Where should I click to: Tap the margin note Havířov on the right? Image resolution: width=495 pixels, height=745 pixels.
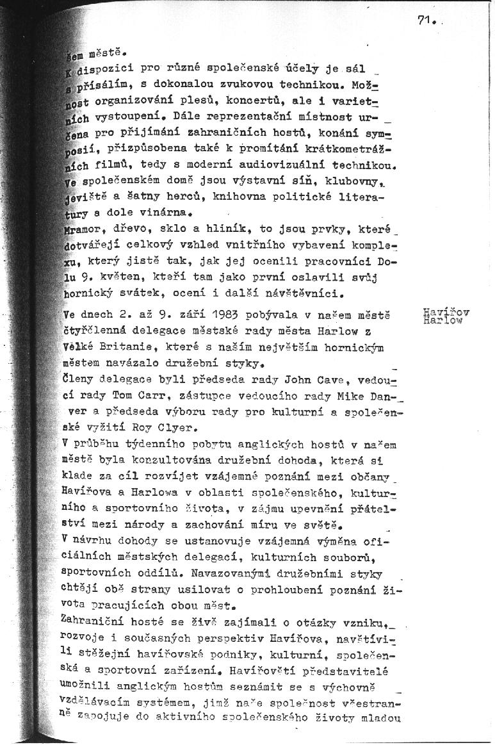(x=446, y=312)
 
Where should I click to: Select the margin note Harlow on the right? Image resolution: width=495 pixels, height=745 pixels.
(x=442, y=321)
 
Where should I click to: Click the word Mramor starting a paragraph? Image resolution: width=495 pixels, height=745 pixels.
(x=81, y=227)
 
